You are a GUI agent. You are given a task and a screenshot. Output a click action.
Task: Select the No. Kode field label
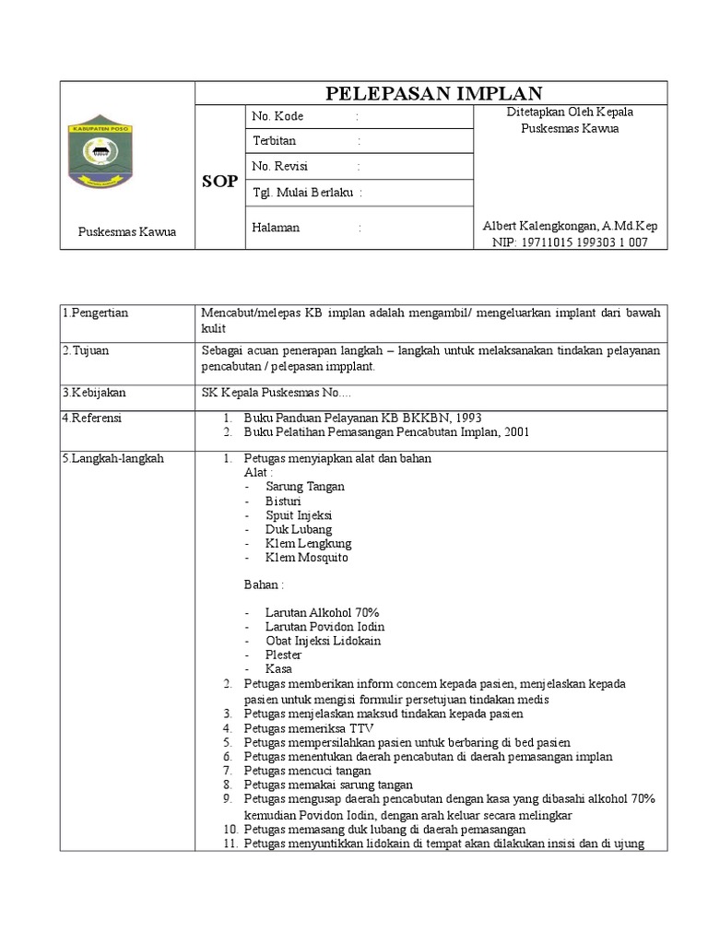[x=277, y=116]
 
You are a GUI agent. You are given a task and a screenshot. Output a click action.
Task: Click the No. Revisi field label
[x=280, y=166]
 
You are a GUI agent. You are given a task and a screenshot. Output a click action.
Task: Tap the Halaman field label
[x=276, y=227]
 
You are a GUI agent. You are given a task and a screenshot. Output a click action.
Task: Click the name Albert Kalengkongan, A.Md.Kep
[x=570, y=226]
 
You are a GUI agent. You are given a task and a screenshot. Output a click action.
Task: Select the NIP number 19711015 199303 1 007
[x=570, y=242]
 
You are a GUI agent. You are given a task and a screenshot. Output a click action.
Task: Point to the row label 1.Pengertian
[x=96, y=313]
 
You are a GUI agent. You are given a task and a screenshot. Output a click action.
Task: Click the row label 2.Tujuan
[x=86, y=350]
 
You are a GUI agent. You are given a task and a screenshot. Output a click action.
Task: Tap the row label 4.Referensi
[x=92, y=418]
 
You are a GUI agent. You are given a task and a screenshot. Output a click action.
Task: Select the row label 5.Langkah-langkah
[x=112, y=458]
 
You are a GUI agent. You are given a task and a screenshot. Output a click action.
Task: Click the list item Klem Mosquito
[x=306, y=557]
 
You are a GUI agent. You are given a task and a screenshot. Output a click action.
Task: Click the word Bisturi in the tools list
[x=283, y=501]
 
